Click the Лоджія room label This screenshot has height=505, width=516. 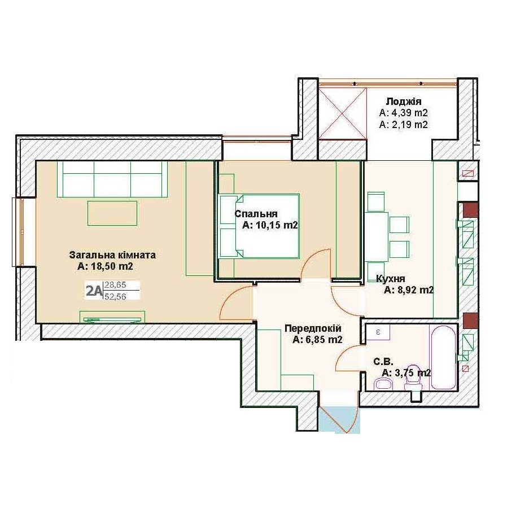pos(404,102)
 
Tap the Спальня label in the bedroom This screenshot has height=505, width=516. pos(256,214)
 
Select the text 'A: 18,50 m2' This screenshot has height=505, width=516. pos(105,266)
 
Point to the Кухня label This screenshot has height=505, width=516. pos(390,279)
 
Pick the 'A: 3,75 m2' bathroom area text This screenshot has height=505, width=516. pos(406,373)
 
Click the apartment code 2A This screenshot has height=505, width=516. pos(93,291)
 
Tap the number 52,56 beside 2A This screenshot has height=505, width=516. pos(115,296)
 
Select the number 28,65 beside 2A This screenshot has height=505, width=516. pos(115,285)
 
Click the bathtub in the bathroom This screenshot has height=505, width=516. pos(443,358)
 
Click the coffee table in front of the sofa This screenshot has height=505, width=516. pos(112,213)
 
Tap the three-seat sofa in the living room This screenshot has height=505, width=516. pos(112,179)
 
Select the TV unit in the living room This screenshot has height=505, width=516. pos(112,318)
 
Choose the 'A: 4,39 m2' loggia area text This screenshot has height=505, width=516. pos(404,113)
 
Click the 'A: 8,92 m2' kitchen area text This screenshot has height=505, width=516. pos(409,290)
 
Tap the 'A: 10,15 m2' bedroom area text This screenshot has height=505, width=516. pos(270,225)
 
